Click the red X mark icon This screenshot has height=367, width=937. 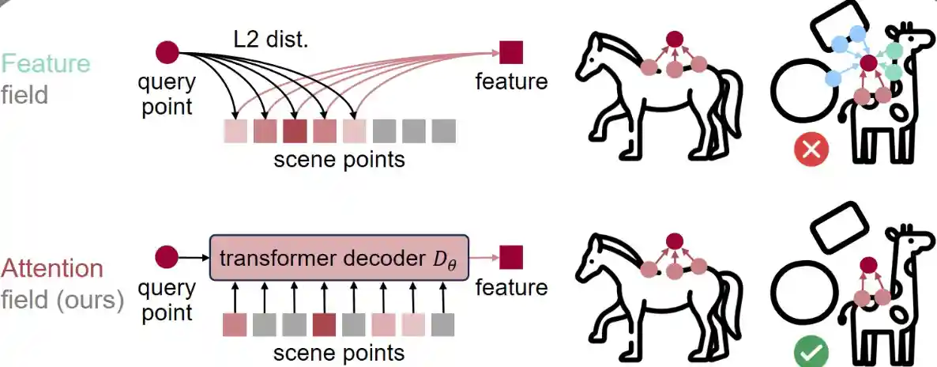click(810, 149)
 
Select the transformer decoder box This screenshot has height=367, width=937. click(340, 256)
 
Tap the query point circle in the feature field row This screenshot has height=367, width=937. click(167, 52)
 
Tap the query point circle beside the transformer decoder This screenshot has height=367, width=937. click(167, 257)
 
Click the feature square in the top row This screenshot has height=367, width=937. click(511, 52)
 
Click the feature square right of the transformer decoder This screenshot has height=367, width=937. click(511, 257)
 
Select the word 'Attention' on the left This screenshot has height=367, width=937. click(52, 269)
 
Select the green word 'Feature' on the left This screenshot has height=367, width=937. click(46, 63)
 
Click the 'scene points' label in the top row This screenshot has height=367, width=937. click(339, 159)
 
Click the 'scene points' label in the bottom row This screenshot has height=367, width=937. click(339, 352)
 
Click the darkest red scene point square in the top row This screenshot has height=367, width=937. click(295, 129)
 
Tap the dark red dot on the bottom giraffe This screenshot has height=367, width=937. click(868, 266)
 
